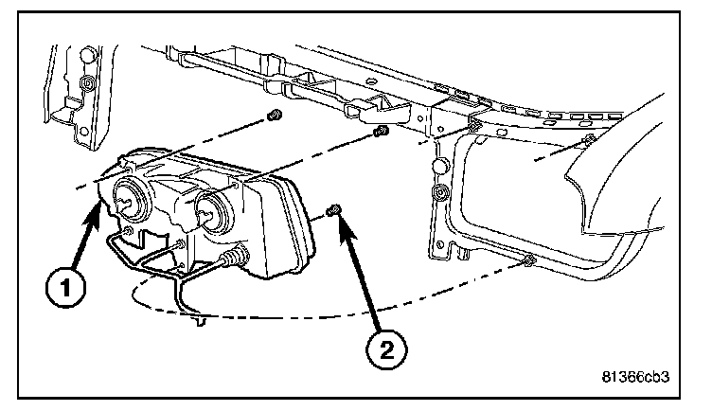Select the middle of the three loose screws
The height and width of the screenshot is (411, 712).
pyautogui.click(x=380, y=131)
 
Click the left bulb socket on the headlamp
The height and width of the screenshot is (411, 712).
pyautogui.click(x=126, y=199)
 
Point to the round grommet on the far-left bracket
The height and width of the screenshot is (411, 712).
pyautogui.click(x=86, y=86)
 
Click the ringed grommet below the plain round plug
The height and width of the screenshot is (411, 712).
pyautogui.click(x=439, y=196)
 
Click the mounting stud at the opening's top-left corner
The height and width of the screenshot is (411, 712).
pyautogui.click(x=474, y=122)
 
